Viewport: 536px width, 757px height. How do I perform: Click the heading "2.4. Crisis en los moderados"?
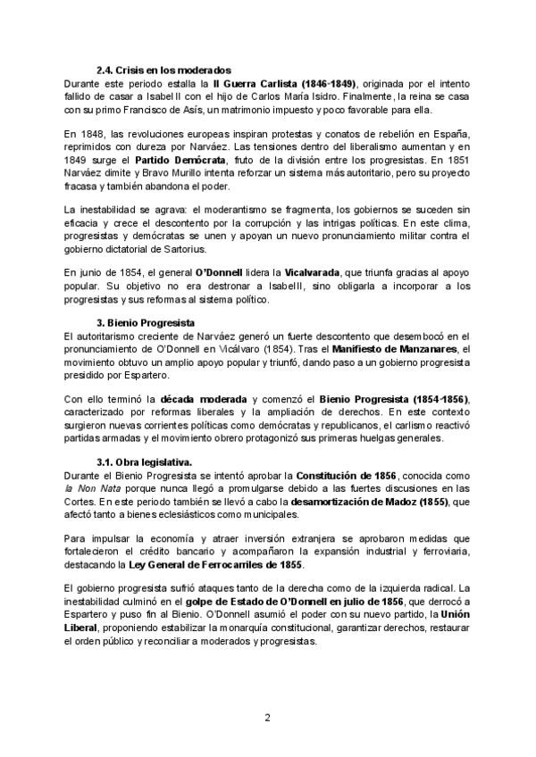[163, 70]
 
